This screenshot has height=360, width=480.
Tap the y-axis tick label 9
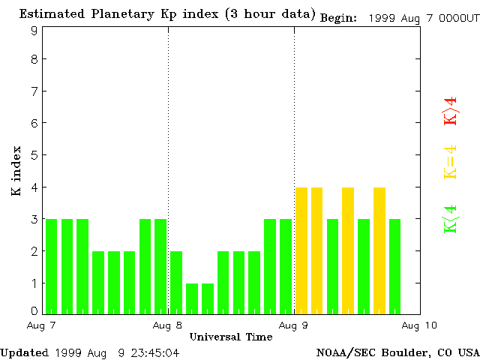coord(34,31)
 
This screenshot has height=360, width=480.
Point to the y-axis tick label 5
coord(34,155)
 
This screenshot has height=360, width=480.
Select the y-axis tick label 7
coord(34,91)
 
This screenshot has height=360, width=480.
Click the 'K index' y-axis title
coord(16,171)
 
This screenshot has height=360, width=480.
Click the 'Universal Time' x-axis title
coord(230,337)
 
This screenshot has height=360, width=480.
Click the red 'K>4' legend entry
coord(450,111)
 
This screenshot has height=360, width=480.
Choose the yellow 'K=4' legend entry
coord(450,162)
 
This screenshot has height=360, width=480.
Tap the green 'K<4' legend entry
coord(450,219)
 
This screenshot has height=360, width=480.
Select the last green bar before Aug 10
coord(394,265)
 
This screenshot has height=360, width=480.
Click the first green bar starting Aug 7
coord(51,265)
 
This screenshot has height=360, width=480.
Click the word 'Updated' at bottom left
coord(24,352)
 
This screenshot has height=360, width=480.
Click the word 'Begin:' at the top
coord(341,17)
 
